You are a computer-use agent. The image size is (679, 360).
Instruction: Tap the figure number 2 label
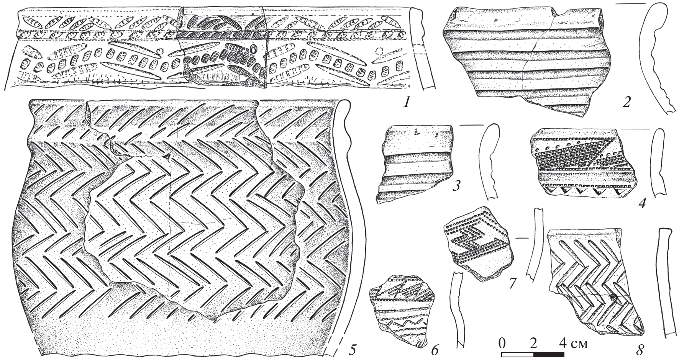[x=627, y=102]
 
